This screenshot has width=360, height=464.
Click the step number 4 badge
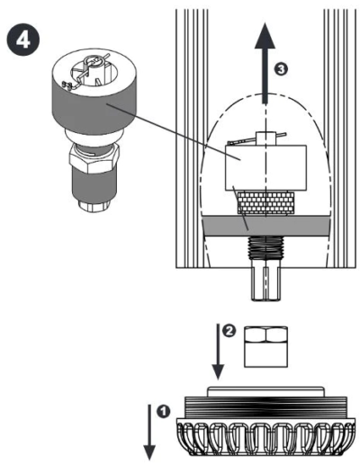[x=22, y=40]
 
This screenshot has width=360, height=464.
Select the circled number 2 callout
[x=229, y=331]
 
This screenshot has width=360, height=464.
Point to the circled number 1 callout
[x=163, y=411]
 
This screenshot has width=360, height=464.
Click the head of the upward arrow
[x=265, y=35]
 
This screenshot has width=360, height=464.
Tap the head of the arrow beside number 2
[x=218, y=372]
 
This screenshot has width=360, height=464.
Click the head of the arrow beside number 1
[x=149, y=452]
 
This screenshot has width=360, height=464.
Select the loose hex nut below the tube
[x=265, y=347]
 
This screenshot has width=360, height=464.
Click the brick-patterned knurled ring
[x=265, y=203]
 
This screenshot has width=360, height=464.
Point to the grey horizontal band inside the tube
[x=266, y=227]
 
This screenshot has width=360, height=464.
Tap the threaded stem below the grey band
[x=265, y=247]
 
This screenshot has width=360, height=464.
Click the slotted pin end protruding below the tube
[x=265, y=280]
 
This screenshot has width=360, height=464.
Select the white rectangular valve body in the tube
[x=265, y=168]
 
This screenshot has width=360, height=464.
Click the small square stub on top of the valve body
[x=265, y=138]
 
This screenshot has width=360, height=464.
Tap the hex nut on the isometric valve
[x=94, y=158]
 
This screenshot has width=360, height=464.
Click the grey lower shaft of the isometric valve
[x=94, y=185]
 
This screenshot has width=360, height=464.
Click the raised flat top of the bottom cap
[x=265, y=392]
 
